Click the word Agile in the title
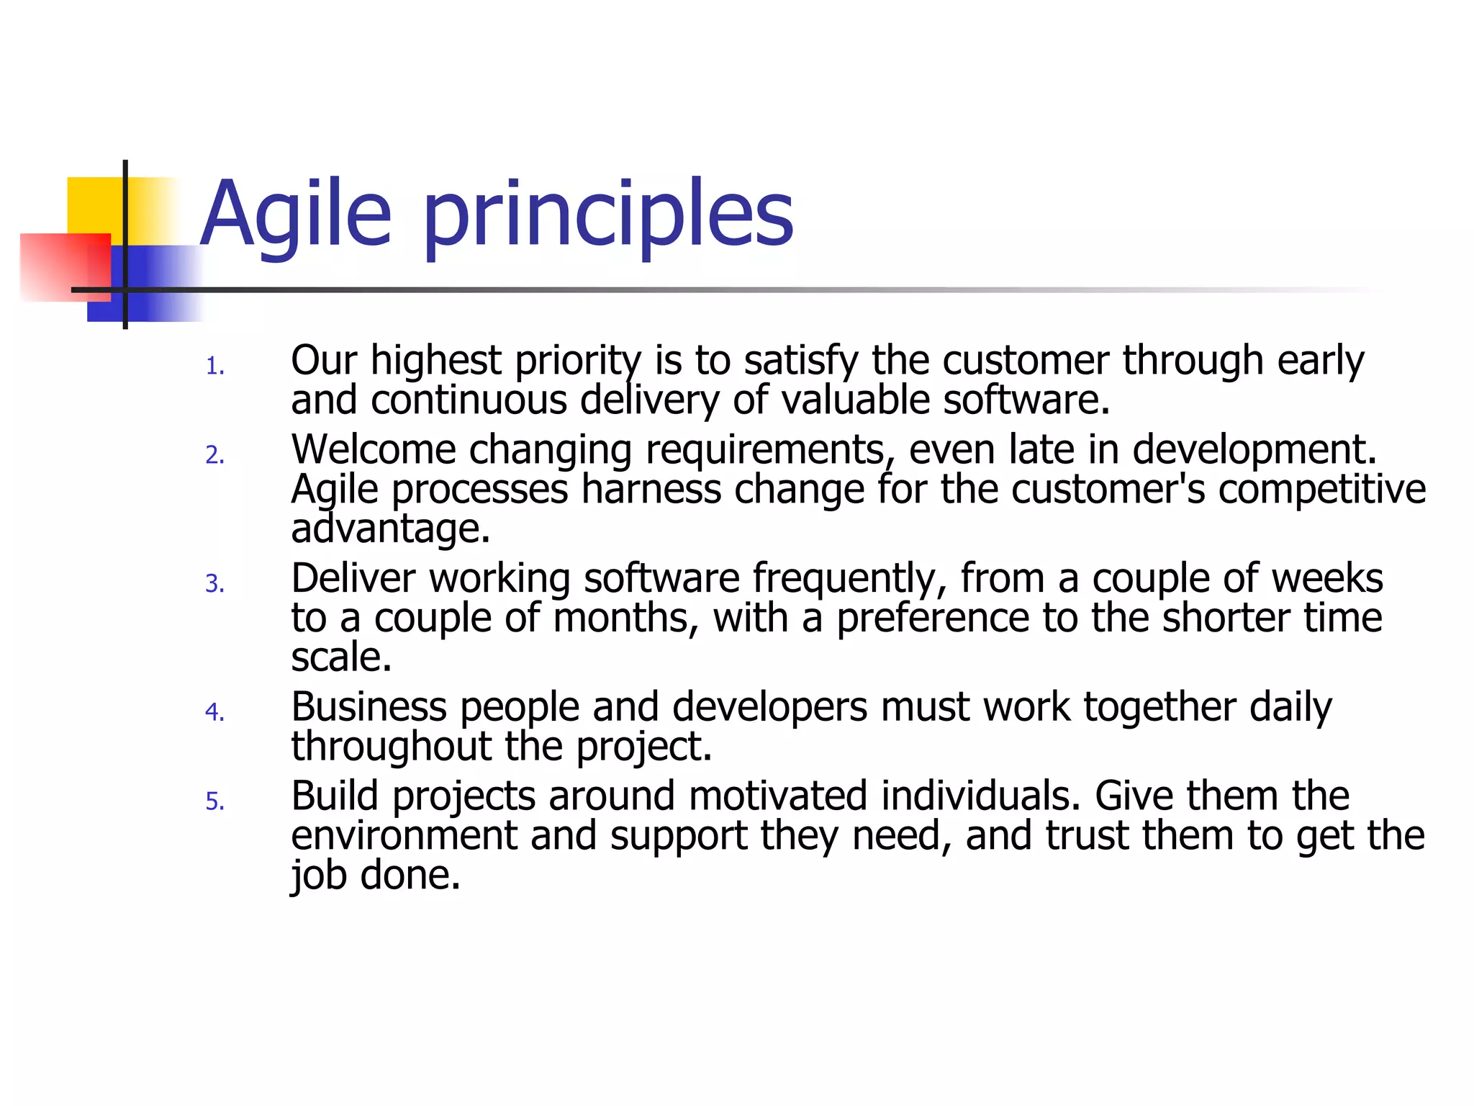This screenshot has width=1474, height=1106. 295,215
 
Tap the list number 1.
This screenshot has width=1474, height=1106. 214,367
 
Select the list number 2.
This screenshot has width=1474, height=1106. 214,455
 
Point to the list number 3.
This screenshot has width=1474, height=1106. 214,583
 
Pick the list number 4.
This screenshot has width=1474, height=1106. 214,712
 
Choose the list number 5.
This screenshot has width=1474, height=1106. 214,801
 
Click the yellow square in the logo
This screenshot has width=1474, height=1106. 94,205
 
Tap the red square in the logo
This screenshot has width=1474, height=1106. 61,266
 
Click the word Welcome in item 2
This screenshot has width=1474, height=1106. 373,450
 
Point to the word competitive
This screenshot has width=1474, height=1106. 1321,490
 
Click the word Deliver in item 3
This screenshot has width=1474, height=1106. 353,578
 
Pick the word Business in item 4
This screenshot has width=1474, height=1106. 368,706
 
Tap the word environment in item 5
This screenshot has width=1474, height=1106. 404,836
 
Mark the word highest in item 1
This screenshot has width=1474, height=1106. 435,361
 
